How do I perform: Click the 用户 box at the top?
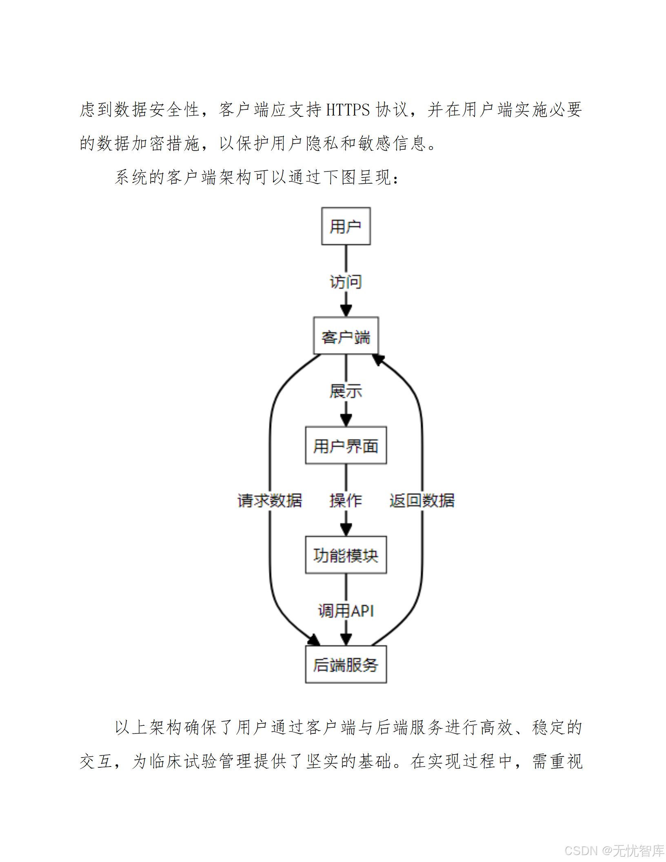coord(346,226)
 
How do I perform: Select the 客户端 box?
coord(346,336)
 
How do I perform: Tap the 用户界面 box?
coord(346,445)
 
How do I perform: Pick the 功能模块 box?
coord(346,555)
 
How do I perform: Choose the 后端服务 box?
coord(346,664)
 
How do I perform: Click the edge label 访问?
coord(346,282)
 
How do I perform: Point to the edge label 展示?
coord(346,391)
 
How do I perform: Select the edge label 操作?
coord(346,500)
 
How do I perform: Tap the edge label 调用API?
coord(346,611)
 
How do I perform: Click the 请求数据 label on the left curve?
coord(270,500)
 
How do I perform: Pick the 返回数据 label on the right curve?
coord(422,500)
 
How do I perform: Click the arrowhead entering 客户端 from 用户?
coord(346,311)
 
